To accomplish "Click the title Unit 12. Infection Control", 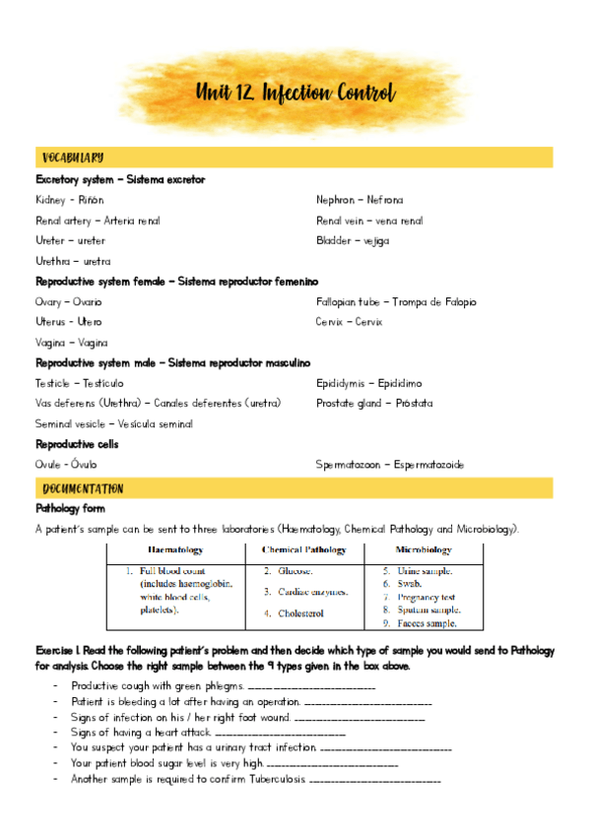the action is point(295,95).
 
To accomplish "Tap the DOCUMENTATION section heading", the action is point(84,489).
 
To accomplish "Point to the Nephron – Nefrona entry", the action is point(360,200).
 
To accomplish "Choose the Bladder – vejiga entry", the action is point(353,240).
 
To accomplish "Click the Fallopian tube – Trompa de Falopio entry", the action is point(396,302).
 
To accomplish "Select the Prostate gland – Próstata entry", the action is point(374,404).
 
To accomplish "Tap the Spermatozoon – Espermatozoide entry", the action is point(390,465).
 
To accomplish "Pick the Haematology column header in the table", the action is point(175,550).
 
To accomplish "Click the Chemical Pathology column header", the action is point(304,550).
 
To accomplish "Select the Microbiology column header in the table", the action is point(424,550).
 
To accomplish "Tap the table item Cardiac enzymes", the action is point(312,592).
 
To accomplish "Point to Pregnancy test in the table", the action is point(426,597).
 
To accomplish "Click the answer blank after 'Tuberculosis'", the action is point(374,780).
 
